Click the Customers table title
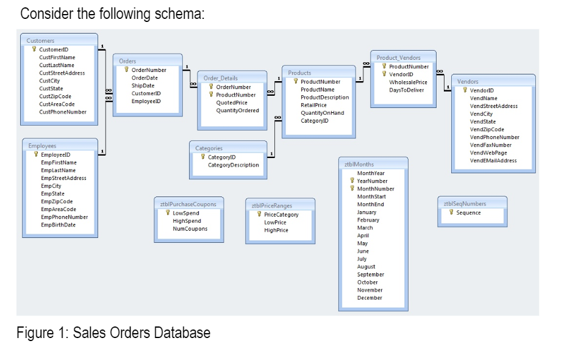point(40,40)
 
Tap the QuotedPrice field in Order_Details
point(232,103)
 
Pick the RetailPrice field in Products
point(313,105)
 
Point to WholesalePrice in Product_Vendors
point(408,82)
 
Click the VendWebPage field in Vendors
point(488,153)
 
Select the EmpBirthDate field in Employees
point(59,225)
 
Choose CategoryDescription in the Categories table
point(233,165)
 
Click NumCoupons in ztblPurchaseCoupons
point(190,229)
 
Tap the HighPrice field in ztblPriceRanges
point(276,231)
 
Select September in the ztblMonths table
point(370,275)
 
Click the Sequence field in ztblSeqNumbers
point(468,213)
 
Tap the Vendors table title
point(468,81)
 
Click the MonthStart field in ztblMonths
point(371,196)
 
